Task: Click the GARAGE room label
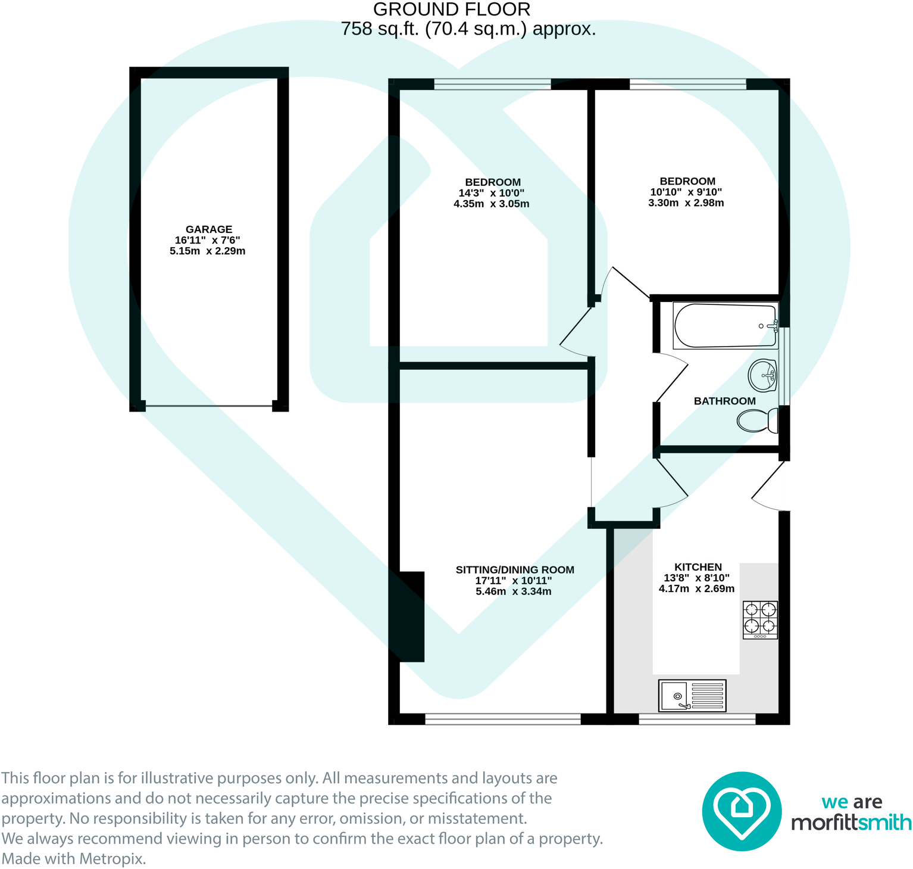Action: tap(208, 229)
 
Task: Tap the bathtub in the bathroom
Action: tap(725, 326)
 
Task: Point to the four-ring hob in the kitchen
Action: tap(760, 619)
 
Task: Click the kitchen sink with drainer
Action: tap(692, 696)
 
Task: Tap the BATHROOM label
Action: tap(724, 401)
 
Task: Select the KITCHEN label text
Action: tap(698, 567)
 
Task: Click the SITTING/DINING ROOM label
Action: tap(514, 570)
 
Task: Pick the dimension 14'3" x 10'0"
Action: tap(491, 193)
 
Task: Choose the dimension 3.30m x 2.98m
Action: tap(686, 203)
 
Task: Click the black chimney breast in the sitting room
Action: tap(411, 616)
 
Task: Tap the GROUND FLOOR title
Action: tap(451, 10)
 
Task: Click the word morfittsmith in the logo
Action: tap(851, 823)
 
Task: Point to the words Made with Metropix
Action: tap(74, 859)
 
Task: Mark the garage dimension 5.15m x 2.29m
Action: tap(207, 251)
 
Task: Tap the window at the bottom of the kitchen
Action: tap(696, 720)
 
